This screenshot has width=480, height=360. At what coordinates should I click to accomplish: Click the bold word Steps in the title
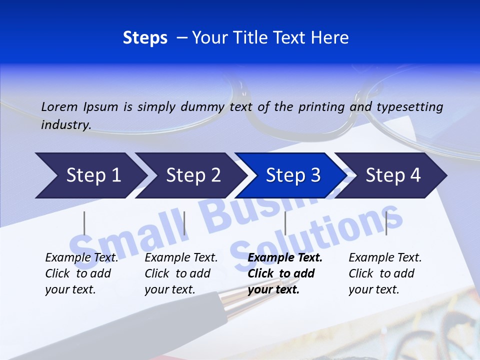(x=145, y=38)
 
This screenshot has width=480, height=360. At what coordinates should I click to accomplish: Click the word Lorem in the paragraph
(x=59, y=107)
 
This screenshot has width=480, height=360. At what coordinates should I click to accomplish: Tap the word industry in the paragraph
(x=65, y=125)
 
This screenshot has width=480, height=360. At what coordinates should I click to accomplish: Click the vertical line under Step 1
(x=84, y=223)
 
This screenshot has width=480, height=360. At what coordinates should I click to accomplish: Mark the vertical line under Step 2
(x=184, y=223)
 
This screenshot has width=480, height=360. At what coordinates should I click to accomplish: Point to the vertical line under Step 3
(x=285, y=223)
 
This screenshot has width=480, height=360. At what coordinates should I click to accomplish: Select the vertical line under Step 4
(x=386, y=223)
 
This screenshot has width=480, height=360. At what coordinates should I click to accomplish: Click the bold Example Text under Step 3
(x=285, y=258)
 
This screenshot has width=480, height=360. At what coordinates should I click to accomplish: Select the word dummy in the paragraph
(x=203, y=107)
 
